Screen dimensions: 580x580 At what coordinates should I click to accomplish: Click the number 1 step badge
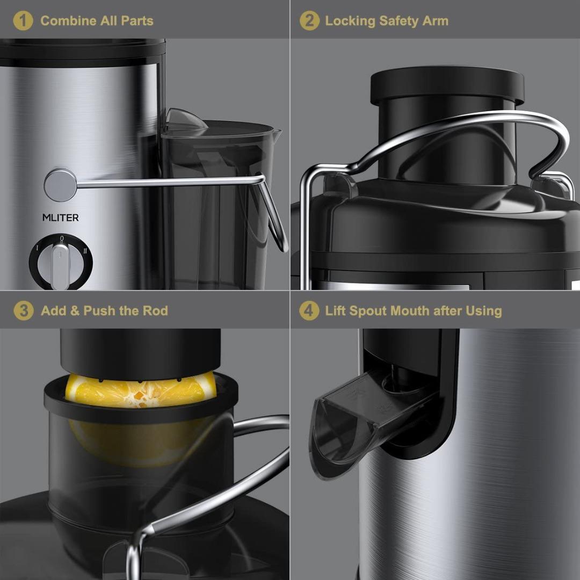[23, 21]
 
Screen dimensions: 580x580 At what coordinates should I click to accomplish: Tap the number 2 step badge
[309, 21]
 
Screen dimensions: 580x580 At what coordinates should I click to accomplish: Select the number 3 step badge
[23, 311]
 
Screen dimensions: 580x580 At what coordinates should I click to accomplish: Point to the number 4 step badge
[309, 311]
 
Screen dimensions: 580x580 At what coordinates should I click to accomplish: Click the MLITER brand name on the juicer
[60, 218]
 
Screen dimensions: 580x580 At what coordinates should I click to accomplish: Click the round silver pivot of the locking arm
[60, 185]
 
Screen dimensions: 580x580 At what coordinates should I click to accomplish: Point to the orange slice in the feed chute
[141, 391]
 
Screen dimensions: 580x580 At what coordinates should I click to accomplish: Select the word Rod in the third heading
[155, 311]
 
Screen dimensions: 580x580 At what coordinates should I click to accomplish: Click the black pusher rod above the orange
[140, 349]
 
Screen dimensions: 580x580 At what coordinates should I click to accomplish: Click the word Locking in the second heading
[350, 21]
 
